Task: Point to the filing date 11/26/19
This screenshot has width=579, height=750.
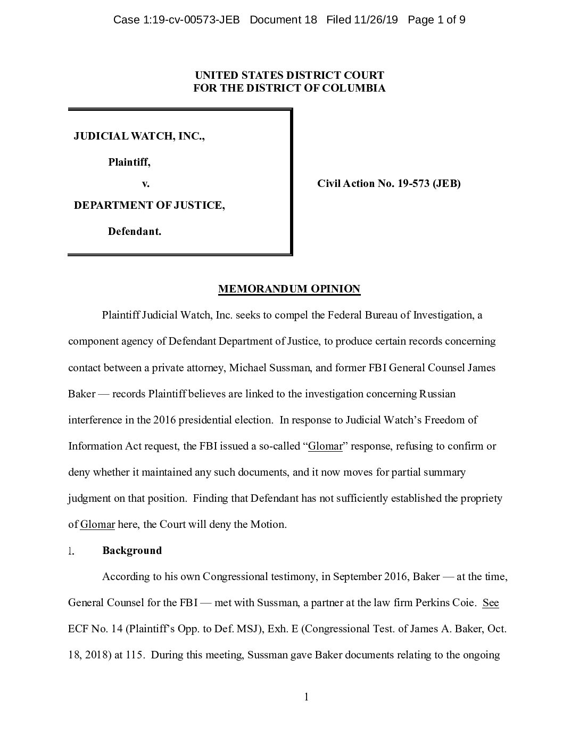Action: tap(375, 20)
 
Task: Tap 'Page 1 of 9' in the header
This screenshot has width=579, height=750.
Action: tap(436, 20)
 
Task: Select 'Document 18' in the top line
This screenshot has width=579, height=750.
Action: tap(283, 20)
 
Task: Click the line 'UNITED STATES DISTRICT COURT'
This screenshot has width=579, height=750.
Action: tap(289, 76)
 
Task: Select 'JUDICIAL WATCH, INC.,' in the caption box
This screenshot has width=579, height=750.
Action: tap(139, 136)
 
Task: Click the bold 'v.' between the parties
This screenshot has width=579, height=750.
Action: tap(145, 184)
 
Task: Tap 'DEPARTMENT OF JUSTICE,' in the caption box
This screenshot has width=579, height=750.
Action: tap(149, 205)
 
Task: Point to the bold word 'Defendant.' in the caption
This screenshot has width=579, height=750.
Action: tap(134, 232)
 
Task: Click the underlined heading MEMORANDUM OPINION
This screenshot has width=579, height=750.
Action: tap(289, 289)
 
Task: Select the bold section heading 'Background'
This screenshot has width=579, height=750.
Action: tap(132, 551)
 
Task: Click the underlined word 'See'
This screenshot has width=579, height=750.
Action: tap(491, 603)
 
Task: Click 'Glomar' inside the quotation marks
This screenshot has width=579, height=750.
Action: tap(325, 446)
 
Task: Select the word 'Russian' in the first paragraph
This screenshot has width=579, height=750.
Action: tap(437, 394)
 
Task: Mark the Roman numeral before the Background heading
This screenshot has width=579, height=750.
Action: tap(71, 551)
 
